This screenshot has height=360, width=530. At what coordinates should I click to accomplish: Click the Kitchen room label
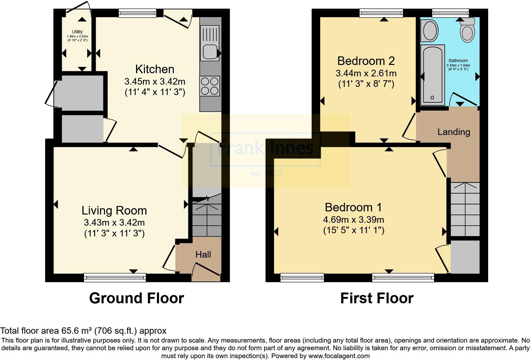[x=155, y=69]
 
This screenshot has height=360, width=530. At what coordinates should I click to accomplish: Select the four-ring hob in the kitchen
[x=210, y=86]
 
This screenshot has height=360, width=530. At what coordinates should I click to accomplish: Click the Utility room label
[x=77, y=32]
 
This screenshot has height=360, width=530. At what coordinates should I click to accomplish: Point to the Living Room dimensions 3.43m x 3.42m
[x=114, y=222]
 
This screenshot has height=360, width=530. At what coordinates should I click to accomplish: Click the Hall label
[x=203, y=254]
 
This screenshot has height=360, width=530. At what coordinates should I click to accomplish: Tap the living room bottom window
[x=115, y=278]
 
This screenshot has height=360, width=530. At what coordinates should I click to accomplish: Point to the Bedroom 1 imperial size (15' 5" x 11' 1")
[x=354, y=230]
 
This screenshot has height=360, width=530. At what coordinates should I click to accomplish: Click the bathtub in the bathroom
[x=432, y=74]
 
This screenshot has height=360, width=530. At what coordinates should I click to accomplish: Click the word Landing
[x=454, y=132]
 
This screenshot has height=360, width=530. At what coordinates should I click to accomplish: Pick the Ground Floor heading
[x=136, y=298]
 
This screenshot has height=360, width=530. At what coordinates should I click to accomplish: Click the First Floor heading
[x=377, y=298]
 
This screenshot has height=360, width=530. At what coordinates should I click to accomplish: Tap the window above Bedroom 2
[x=381, y=13]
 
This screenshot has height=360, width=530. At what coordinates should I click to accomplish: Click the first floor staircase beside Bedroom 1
[x=465, y=209]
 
